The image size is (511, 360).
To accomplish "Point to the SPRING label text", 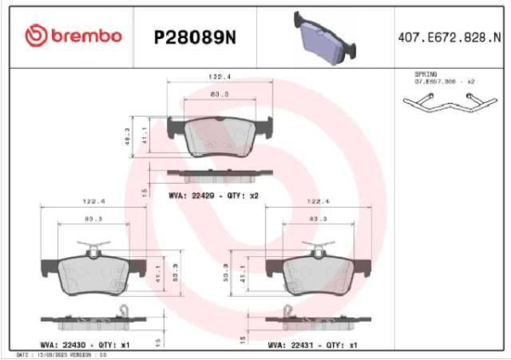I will pyautogui.click(x=425, y=75).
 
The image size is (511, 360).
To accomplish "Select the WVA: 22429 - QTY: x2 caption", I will pyautogui.click(x=213, y=196).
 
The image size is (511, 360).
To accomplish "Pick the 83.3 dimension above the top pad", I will pyautogui.click(x=221, y=94).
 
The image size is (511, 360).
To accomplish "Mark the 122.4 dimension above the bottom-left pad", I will pyautogui.click(x=93, y=202).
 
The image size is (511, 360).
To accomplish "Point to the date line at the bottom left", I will pyautogui.click(x=60, y=354).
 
